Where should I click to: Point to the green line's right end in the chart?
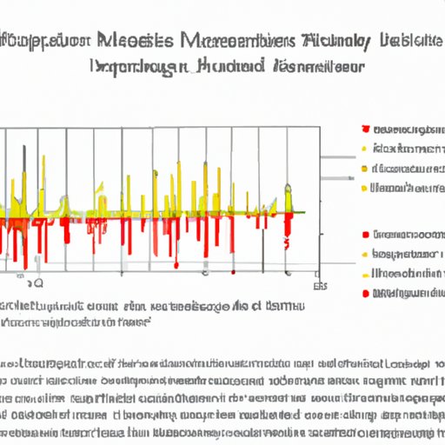(305, 211)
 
